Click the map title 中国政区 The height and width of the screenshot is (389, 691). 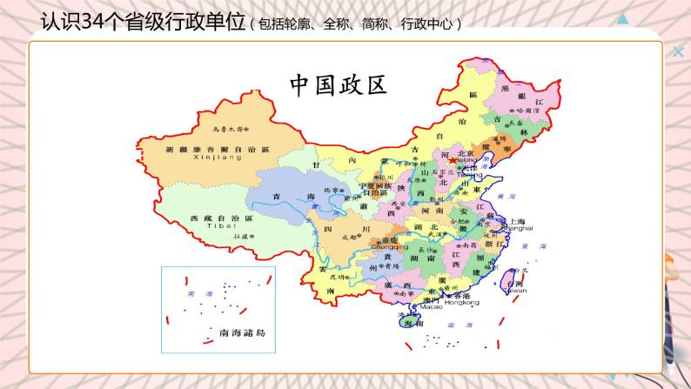tap(337, 85)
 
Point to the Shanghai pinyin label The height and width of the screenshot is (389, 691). tap(518, 229)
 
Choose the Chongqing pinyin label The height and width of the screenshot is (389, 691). tap(389, 246)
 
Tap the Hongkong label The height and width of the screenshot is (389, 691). tap(463, 304)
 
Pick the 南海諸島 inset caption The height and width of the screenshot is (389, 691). tap(246, 333)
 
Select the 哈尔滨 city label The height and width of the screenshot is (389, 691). tap(529, 111)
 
